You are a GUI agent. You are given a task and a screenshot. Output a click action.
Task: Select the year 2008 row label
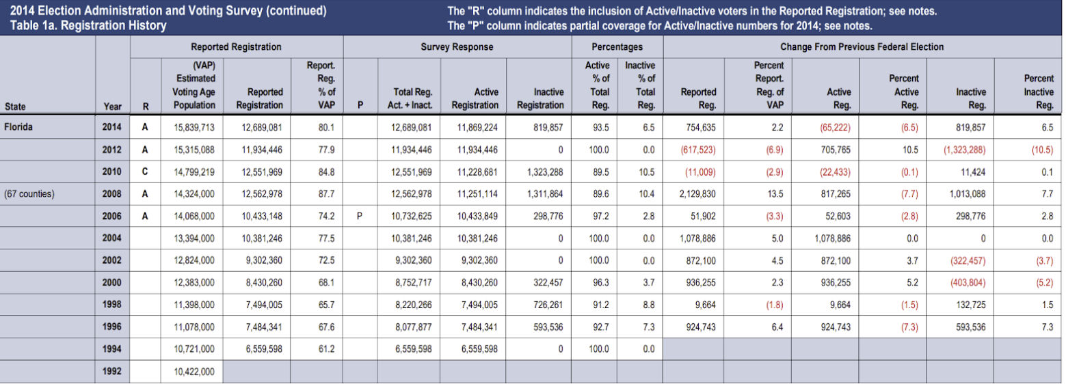(112, 193)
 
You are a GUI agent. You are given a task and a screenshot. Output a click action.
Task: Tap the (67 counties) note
(29, 193)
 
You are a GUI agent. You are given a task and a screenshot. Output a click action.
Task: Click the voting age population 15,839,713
(194, 127)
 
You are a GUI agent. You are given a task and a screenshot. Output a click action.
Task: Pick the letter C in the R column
(144, 172)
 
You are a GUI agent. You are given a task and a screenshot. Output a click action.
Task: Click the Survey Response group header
(456, 47)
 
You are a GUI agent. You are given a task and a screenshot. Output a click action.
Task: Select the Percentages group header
(617, 47)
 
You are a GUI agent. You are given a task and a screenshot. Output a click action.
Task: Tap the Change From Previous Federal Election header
(862, 47)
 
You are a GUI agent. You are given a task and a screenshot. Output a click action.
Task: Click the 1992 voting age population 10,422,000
(194, 372)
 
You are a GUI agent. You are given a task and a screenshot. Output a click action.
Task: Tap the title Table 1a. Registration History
(88, 26)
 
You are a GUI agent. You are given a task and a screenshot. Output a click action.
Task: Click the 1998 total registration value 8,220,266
(410, 305)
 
